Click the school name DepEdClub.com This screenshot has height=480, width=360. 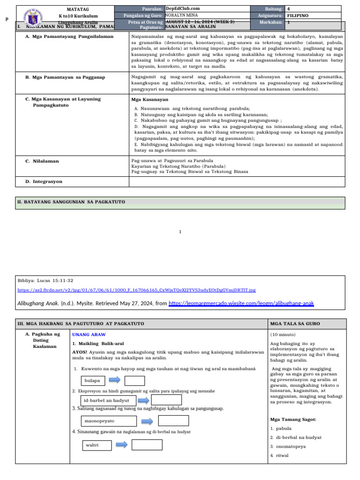point(183,8)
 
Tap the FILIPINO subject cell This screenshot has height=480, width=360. point(298,15)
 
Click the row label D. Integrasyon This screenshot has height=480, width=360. point(44,181)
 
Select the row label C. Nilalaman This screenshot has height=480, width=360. point(42,161)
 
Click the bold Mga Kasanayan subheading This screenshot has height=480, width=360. point(150,100)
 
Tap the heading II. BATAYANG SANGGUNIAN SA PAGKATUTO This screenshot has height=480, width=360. point(71,202)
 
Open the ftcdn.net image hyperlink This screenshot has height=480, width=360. point(136,290)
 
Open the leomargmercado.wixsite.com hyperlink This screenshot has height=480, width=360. point(241,304)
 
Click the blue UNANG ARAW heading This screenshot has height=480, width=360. point(89,335)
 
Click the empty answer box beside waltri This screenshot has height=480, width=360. point(147,444)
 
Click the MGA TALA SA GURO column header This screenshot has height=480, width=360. point(290,324)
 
